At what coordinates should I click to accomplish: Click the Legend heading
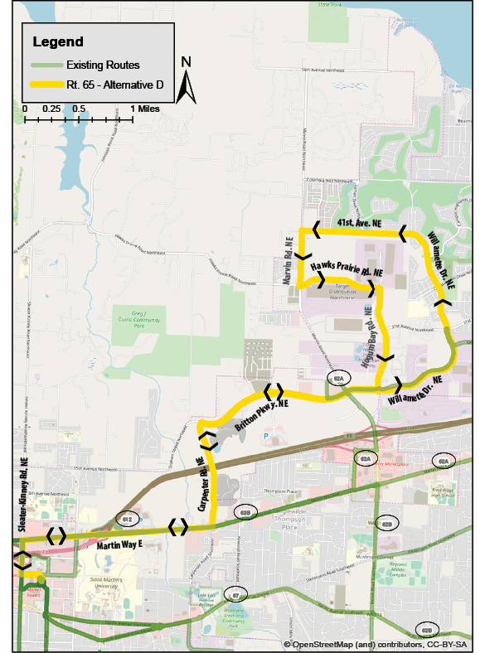click(58, 41)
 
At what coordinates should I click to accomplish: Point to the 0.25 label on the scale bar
click(51, 109)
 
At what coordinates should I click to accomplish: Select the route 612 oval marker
click(127, 519)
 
